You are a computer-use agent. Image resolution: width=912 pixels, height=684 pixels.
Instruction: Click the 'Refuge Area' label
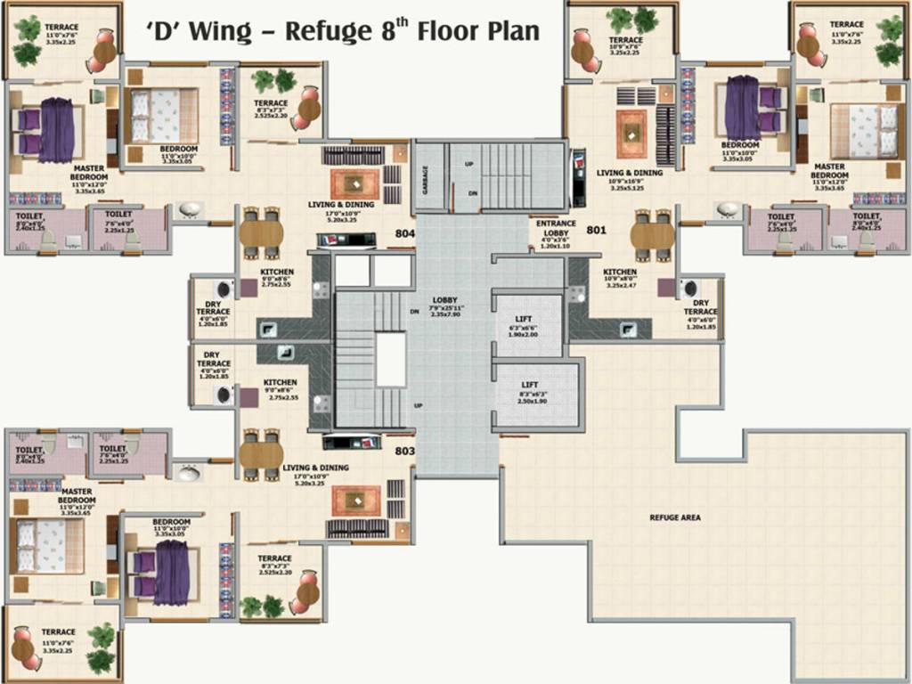click(674, 517)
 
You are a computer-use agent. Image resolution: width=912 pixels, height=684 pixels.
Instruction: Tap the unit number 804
click(405, 234)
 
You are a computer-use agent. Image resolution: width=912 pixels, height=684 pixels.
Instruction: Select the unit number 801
click(596, 230)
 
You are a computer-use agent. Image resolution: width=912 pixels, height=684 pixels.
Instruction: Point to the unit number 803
click(405, 452)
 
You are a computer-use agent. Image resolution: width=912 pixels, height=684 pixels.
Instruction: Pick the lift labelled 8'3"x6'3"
click(536, 392)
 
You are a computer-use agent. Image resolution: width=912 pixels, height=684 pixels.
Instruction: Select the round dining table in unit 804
click(261, 233)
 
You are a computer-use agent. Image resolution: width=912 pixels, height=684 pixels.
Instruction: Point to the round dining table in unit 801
click(653, 235)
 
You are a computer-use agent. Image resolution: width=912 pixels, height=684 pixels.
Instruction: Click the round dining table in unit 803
click(261, 454)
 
